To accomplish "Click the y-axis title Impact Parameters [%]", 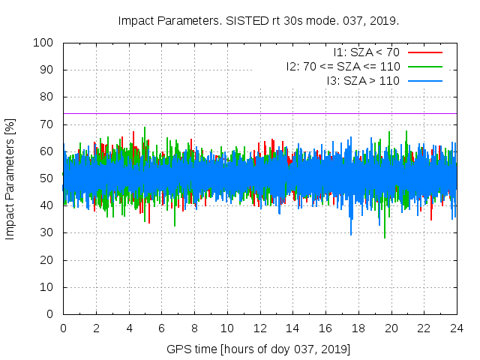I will [10, 178].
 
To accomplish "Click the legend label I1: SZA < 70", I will [366, 52].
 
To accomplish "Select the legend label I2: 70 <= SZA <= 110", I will [343, 66].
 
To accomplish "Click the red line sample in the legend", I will [424, 52].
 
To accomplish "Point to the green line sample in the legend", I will [424, 66].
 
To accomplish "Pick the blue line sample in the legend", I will [424, 80].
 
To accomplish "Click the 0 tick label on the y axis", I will [51, 314].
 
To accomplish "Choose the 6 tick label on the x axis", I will [161, 328].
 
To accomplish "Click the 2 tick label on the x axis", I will [96, 328].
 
